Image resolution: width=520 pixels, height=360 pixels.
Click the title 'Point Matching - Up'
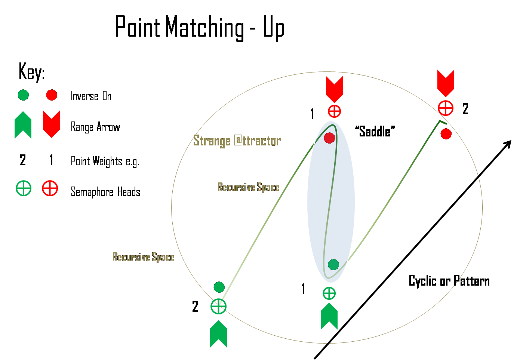click(x=200, y=27)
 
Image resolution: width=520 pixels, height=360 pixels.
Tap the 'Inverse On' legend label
click(x=91, y=96)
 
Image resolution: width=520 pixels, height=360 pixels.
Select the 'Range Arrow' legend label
click(x=95, y=127)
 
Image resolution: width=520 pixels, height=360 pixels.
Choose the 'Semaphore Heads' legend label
click(x=105, y=192)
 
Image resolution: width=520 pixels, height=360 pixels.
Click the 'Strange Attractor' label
click(x=237, y=141)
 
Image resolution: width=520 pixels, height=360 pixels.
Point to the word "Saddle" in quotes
click(x=375, y=131)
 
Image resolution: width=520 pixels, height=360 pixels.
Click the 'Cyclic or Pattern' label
click(x=449, y=281)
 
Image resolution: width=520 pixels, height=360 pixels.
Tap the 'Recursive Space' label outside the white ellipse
click(x=144, y=257)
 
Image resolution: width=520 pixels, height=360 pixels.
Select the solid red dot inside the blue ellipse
click(x=329, y=138)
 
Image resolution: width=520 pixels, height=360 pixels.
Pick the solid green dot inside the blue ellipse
click(x=333, y=265)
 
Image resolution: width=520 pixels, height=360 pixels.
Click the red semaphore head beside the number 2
click(x=446, y=108)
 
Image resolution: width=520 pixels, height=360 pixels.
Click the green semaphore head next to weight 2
click(x=218, y=307)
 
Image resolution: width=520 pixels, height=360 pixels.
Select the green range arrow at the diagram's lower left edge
click(x=218, y=333)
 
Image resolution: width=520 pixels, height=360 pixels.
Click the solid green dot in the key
click(x=23, y=95)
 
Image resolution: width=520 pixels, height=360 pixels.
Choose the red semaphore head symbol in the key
click(x=50, y=188)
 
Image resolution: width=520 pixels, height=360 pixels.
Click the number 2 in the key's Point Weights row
click(x=23, y=160)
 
